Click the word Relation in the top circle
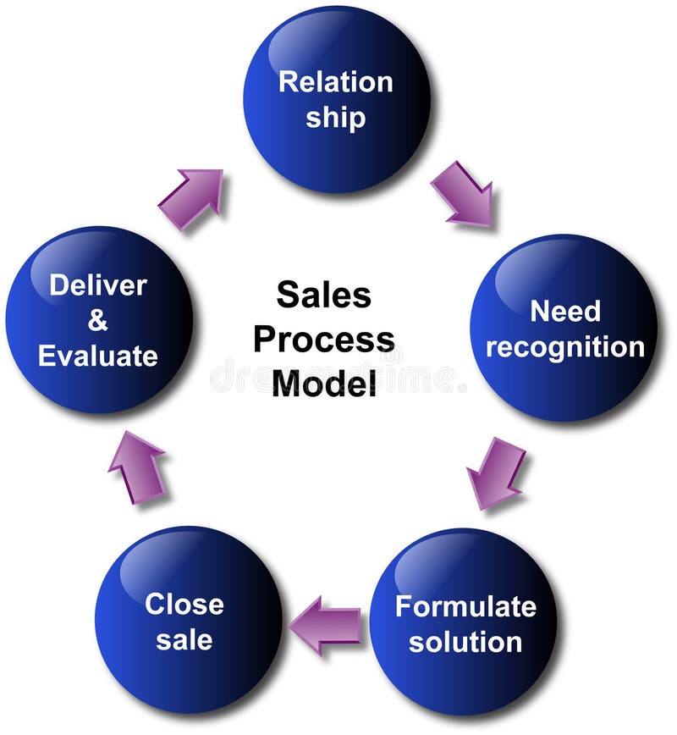point(336,82)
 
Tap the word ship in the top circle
point(336,117)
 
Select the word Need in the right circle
point(564,311)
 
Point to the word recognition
point(564,346)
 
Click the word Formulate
point(465,606)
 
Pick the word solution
point(465,641)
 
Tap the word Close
point(184,604)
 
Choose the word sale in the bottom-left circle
point(184,639)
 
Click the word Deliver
point(98,285)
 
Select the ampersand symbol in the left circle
point(98,321)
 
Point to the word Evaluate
point(98,356)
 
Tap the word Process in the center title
point(323,340)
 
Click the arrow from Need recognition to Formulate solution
point(494,472)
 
